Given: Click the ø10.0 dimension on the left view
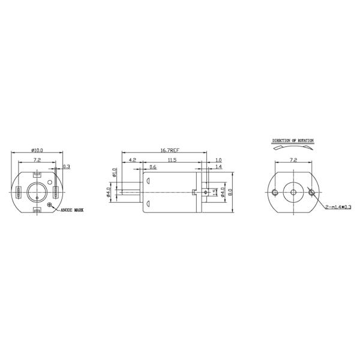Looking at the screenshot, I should click(37, 151).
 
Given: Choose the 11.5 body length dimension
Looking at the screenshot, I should click(172, 160).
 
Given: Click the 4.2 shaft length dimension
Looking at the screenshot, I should click(132, 160).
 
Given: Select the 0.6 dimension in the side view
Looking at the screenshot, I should click(153, 167).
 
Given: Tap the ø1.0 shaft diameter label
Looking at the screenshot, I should click(114, 173).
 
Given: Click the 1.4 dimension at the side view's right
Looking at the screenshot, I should click(218, 167).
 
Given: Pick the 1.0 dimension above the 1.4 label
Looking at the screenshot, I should click(218, 160).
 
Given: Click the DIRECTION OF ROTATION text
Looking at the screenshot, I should click(293, 141).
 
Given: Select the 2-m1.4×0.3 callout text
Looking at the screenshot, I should click(338, 208).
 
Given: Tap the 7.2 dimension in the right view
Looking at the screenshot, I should click(293, 161).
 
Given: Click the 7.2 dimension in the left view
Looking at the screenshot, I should click(37, 160).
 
